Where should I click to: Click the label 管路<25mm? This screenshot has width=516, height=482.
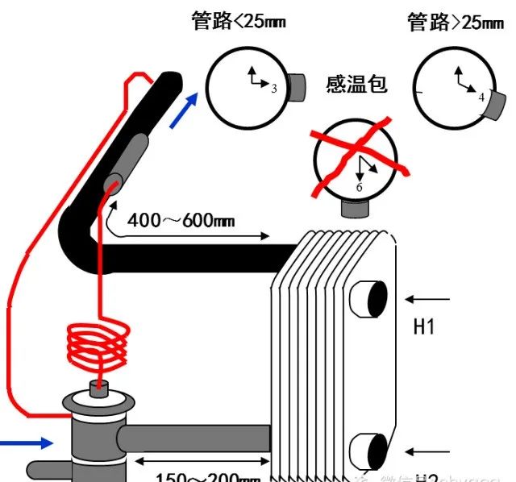coord(239,21)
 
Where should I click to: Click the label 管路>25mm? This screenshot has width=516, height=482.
coord(456,23)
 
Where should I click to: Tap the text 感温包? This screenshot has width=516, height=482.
coord(356,84)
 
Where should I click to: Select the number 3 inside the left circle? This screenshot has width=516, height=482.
coord(274,89)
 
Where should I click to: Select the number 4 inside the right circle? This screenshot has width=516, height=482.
coord(481,96)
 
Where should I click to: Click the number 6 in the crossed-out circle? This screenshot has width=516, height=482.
coord(360,187)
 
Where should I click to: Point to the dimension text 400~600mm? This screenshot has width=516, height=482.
coord(181,219)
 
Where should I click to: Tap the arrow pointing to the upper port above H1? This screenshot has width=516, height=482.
coord(427,299)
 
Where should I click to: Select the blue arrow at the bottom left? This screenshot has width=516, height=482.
coord(25,442)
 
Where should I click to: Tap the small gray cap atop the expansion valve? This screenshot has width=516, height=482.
coord(99,391)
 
